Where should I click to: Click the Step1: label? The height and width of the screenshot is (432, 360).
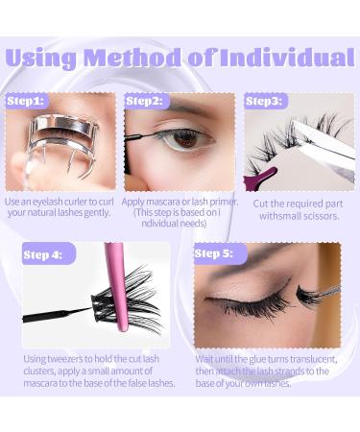click(26, 100)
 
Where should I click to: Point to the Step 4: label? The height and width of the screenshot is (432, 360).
click(43, 254)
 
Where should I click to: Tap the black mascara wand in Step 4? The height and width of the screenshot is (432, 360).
click(58, 313)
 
